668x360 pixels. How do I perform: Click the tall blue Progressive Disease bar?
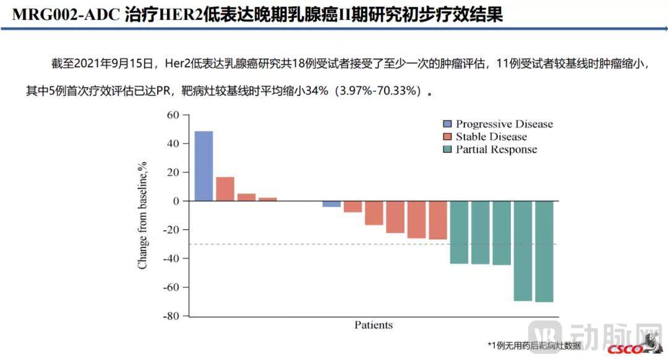(203, 166)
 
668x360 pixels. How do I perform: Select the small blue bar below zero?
(332, 204)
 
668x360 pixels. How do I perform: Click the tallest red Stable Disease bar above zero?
(225, 189)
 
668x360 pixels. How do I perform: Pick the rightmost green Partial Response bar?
(544, 251)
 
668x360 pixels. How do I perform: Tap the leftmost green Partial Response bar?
(459, 232)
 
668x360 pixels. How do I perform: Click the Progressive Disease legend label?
(504, 124)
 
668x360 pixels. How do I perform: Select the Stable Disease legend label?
(491, 137)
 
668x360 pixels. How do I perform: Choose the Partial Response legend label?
(496, 149)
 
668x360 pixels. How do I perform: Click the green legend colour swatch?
(447, 149)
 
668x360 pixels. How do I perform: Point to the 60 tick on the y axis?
(173, 115)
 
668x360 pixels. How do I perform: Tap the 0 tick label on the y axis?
(176, 201)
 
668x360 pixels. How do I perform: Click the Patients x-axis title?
(373, 325)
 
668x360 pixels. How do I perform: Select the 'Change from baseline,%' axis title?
(143, 215)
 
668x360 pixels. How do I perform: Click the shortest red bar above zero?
(268, 199)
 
